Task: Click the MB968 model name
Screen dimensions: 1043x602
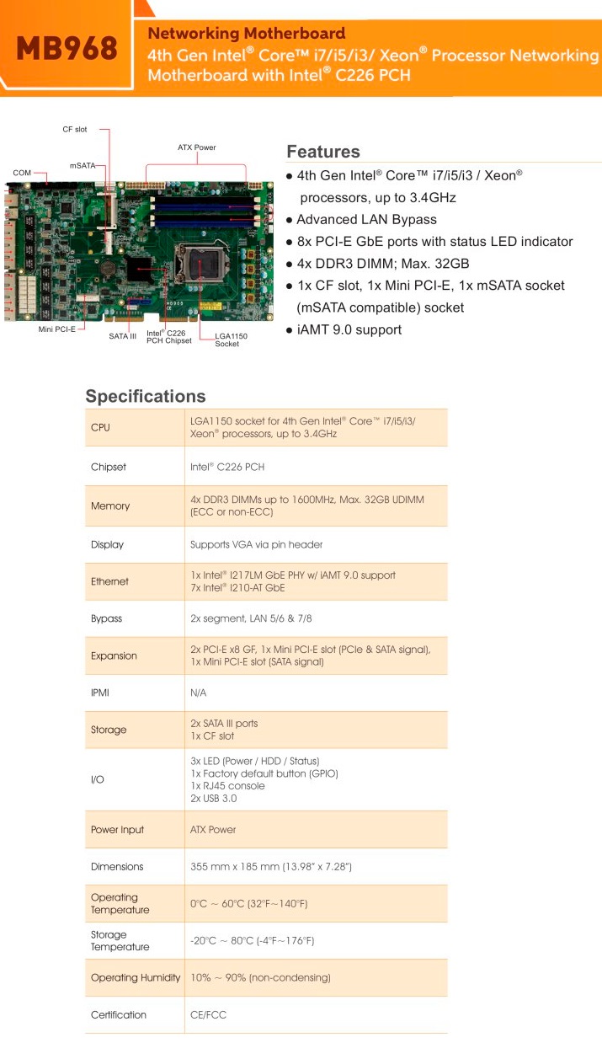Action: coord(67,48)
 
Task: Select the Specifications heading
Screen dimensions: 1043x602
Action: coord(146,396)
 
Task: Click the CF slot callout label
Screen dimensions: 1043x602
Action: coord(75,130)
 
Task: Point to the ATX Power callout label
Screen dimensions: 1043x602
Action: coord(196,147)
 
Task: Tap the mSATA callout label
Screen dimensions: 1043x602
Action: coord(82,166)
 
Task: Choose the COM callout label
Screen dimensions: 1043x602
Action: coord(22,173)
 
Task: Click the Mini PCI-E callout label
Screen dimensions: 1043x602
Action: coord(57,329)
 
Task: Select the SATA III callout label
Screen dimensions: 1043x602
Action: coord(123,335)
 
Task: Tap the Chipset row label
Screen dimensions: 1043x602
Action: coord(108,467)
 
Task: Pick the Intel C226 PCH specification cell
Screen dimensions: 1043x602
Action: coord(227,467)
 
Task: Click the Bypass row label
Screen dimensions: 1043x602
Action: coord(106,618)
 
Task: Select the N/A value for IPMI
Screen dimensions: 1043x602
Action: coord(199,693)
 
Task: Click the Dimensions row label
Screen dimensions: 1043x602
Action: coord(117,866)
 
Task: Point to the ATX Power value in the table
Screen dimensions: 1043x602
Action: coord(213,830)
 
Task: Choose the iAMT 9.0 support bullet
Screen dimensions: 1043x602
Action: coord(349,329)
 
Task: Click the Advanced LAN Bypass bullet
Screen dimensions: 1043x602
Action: coord(366,219)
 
